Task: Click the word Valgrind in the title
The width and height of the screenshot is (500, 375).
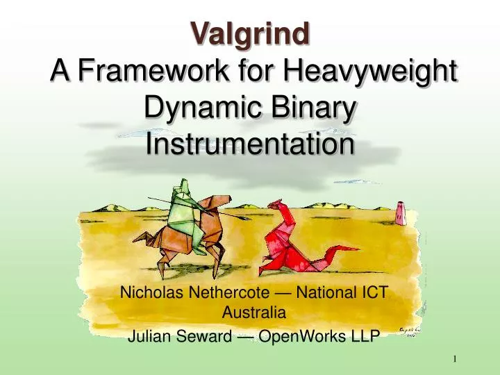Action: [250, 32]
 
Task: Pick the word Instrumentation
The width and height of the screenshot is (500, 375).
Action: [250, 145]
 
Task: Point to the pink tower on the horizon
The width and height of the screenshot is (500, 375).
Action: [401, 212]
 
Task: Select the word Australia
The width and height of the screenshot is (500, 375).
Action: [250, 312]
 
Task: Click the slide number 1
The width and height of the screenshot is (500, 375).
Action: [455, 359]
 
